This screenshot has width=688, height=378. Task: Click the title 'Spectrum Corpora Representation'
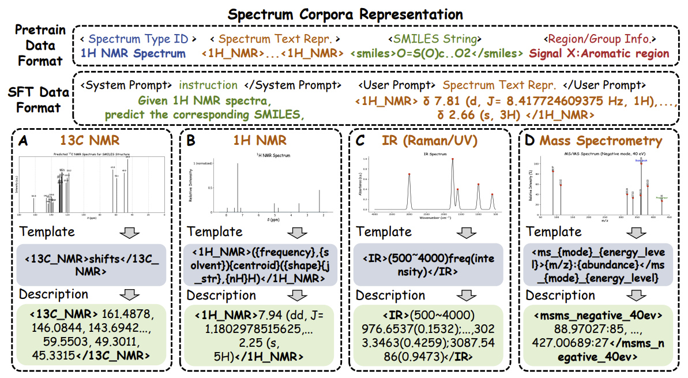pos(345,14)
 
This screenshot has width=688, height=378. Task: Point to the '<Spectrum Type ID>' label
pos(138,39)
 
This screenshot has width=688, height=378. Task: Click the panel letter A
pos(25,140)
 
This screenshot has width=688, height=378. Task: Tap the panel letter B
pos(193,140)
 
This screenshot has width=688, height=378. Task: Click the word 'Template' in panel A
pos(47,232)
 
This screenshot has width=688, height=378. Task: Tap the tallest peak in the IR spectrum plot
pos(452,160)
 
